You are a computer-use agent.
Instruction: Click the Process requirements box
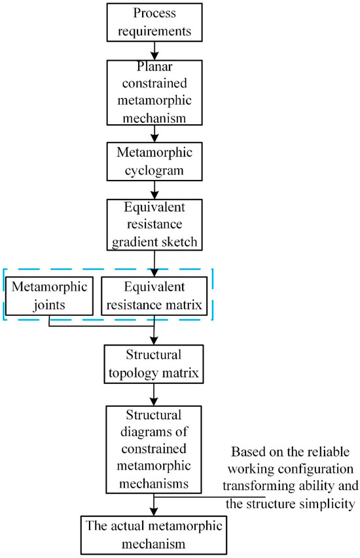154,22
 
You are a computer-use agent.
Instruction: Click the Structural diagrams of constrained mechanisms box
154,445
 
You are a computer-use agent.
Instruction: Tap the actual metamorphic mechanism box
154,534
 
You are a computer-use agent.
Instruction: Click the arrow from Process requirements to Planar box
154,50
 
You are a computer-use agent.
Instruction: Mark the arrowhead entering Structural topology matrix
154,341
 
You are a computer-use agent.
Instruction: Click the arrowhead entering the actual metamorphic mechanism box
154,509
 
